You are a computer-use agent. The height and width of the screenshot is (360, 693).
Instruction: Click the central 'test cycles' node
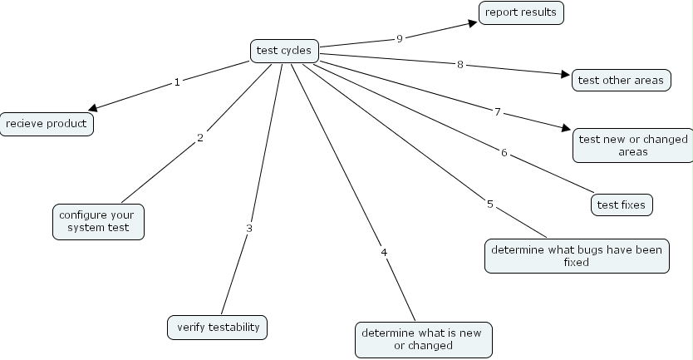click(x=284, y=51)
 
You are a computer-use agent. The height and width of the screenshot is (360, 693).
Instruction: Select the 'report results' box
click(x=521, y=12)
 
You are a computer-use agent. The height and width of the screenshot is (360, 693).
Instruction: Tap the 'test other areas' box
click(x=622, y=80)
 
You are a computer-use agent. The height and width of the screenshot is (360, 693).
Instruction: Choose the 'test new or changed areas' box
click(x=633, y=145)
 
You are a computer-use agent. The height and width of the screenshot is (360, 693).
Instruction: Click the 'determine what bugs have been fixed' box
click(x=577, y=256)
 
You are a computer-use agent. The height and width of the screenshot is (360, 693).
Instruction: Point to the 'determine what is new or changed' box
click(x=423, y=338)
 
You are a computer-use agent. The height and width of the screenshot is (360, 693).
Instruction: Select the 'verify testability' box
click(x=219, y=327)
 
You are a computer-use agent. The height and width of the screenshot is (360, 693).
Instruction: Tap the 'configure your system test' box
click(x=99, y=221)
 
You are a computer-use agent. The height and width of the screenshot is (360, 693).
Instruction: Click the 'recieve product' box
click(x=47, y=124)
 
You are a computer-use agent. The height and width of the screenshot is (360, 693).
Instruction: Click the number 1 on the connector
click(x=177, y=82)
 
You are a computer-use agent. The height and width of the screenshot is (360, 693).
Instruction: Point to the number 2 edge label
click(x=200, y=138)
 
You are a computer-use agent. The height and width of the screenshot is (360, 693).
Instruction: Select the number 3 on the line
click(x=248, y=228)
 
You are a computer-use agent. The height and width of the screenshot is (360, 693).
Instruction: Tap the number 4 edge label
click(x=384, y=252)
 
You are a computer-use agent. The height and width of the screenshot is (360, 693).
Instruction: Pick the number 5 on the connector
click(x=490, y=204)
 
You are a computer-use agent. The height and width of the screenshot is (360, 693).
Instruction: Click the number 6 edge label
click(x=504, y=153)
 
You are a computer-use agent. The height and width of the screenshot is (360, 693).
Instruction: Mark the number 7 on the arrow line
click(x=498, y=111)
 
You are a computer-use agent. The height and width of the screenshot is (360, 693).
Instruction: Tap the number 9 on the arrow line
click(x=400, y=38)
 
